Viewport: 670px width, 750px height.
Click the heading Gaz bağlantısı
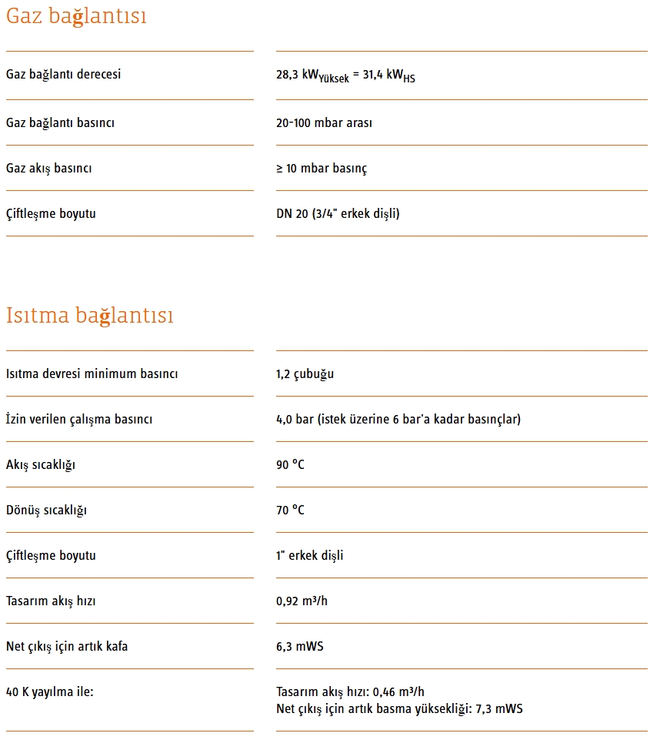[x=76, y=16]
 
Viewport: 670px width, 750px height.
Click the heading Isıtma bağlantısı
[x=89, y=316]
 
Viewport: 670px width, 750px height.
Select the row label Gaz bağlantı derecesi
[x=63, y=75]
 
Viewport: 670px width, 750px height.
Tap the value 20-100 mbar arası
[x=324, y=122]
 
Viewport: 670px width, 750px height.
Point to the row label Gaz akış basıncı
[x=48, y=168]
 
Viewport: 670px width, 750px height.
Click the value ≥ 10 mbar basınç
[x=322, y=168]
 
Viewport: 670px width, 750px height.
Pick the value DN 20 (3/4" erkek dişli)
[x=338, y=213]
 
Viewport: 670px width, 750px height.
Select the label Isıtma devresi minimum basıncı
[x=92, y=373]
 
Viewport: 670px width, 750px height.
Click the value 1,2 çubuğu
[x=305, y=373]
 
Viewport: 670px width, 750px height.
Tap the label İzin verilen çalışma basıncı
[x=79, y=419]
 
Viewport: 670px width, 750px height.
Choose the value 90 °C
[x=290, y=464]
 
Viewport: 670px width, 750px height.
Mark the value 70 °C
[x=290, y=510]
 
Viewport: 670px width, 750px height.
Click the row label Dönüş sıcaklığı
[x=46, y=510]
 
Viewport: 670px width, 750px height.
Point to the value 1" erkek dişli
[x=309, y=555]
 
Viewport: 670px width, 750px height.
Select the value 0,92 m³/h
[x=302, y=601]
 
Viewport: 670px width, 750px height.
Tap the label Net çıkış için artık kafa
[x=67, y=646]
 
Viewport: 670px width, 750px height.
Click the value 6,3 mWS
[x=299, y=646]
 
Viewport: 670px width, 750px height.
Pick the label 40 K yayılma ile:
[x=49, y=691]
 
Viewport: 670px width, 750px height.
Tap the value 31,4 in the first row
[x=374, y=75]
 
